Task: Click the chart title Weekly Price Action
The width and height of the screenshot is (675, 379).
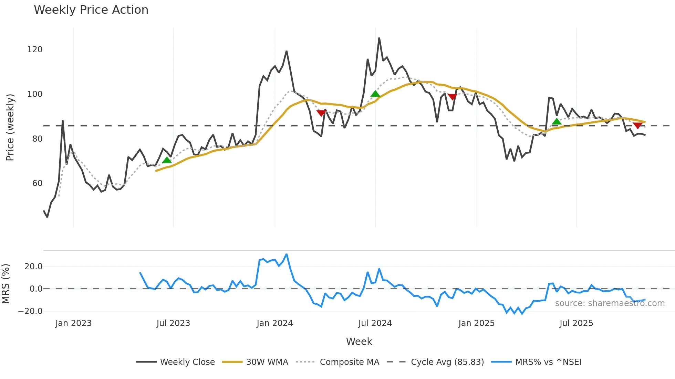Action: (91, 10)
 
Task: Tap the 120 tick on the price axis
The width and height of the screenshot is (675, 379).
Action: (35, 50)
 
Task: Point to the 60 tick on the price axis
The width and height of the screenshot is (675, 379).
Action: (37, 183)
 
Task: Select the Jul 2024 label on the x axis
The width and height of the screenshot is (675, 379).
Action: (375, 323)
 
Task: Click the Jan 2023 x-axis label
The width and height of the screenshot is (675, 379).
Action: (73, 323)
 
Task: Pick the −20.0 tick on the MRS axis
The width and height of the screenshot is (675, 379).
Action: (30, 311)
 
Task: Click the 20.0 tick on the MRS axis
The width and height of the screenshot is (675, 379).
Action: (33, 267)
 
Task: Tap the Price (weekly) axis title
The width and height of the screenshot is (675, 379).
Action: (10, 127)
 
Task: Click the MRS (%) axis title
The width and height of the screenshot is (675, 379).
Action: (6, 284)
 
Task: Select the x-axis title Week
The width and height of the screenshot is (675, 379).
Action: (359, 342)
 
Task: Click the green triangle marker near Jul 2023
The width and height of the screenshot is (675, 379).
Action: (167, 160)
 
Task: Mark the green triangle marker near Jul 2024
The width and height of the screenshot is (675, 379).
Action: (375, 94)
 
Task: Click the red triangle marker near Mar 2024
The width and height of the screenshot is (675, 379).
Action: (321, 113)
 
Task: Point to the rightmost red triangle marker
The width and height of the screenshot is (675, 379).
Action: (637, 126)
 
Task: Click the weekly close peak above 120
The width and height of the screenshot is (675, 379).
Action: (379, 38)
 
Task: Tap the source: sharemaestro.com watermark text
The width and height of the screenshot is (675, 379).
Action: (610, 303)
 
